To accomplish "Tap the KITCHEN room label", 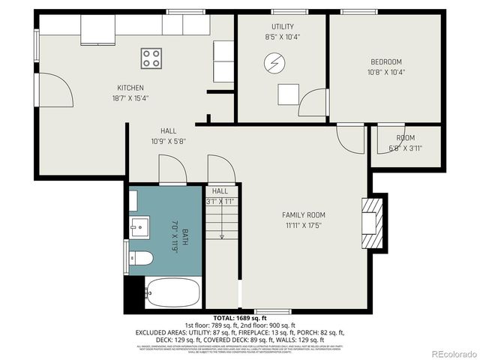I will (x=130, y=88).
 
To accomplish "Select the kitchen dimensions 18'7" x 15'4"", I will (x=130, y=97).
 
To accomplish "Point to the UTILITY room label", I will (x=282, y=26).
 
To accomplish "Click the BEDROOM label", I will (x=386, y=61).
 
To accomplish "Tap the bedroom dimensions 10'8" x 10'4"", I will (x=386, y=72).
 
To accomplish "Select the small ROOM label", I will (x=405, y=138).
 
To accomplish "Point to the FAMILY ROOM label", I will (x=304, y=215).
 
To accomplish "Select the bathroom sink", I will (x=139, y=226).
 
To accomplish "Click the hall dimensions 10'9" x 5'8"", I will (x=168, y=141).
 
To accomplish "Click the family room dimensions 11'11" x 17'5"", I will (x=304, y=225).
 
